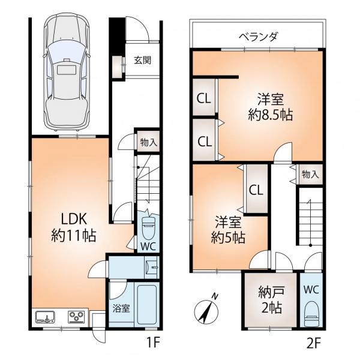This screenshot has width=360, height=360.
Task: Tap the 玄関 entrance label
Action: coord(143,60)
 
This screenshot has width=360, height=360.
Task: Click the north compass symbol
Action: coord(206,309)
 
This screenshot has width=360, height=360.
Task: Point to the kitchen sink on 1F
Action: coord(45,317)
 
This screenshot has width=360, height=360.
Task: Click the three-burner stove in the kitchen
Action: coord(76,317)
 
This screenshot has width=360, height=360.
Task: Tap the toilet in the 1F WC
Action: coord(149,227)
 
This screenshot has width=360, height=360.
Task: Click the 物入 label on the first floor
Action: coord(149,143)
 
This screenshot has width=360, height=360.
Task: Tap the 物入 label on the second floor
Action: coord(310,175)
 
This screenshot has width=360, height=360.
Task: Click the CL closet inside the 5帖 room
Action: coord(256,190)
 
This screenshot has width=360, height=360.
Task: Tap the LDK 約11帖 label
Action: coord(73,227)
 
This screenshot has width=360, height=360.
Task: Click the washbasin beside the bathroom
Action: coord(151,267)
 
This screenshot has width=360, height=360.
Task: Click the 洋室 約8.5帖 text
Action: coord(270,107)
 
